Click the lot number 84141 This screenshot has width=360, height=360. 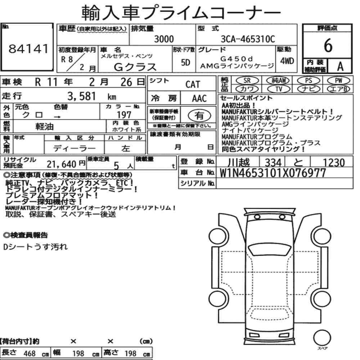click(x=28, y=49)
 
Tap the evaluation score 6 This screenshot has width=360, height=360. click(x=328, y=45)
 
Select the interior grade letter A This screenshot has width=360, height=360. click(x=340, y=66)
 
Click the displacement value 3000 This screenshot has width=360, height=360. click(x=164, y=39)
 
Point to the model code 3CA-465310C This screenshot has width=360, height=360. click(x=248, y=39)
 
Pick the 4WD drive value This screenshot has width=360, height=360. click(x=287, y=61)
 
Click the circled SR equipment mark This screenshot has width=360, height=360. click(x=247, y=81)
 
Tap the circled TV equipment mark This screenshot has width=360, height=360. click(x=278, y=89)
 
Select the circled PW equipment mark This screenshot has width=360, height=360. click(x=338, y=81)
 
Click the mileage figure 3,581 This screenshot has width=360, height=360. click(x=81, y=96)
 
